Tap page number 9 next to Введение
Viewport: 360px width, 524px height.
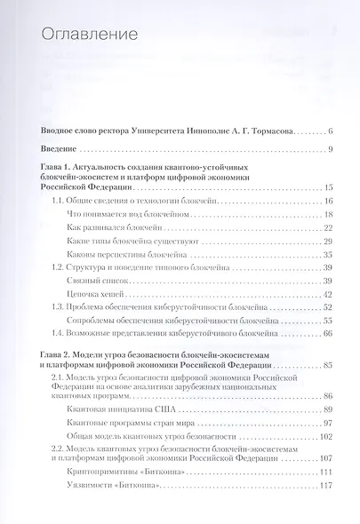click(329, 149)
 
